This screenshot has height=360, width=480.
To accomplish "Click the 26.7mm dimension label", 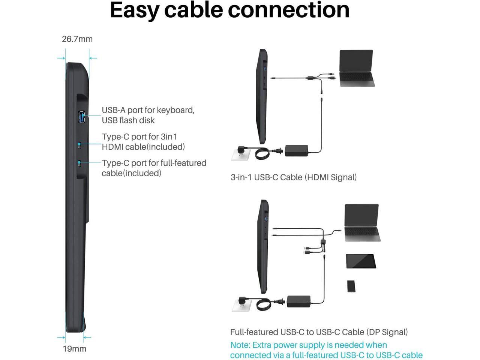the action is click(x=77, y=39).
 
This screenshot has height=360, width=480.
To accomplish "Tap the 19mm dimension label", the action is click(x=74, y=349).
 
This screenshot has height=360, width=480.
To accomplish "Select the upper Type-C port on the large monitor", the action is click(x=79, y=145).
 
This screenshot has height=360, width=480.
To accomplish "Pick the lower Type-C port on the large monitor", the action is click(x=79, y=164).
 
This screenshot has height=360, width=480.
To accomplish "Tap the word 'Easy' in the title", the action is click(x=134, y=10).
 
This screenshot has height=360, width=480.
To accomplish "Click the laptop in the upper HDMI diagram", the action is click(x=356, y=68).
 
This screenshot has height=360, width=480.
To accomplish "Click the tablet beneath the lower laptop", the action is click(x=361, y=261).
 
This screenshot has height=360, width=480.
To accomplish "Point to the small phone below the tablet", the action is click(x=351, y=286).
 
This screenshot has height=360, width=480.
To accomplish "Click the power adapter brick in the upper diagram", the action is click(x=296, y=150).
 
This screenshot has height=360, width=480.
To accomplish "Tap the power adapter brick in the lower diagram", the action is click(x=298, y=301).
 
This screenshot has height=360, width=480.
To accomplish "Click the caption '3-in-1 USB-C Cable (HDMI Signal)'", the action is click(x=294, y=177).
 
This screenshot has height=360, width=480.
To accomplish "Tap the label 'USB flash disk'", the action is click(x=128, y=120).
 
